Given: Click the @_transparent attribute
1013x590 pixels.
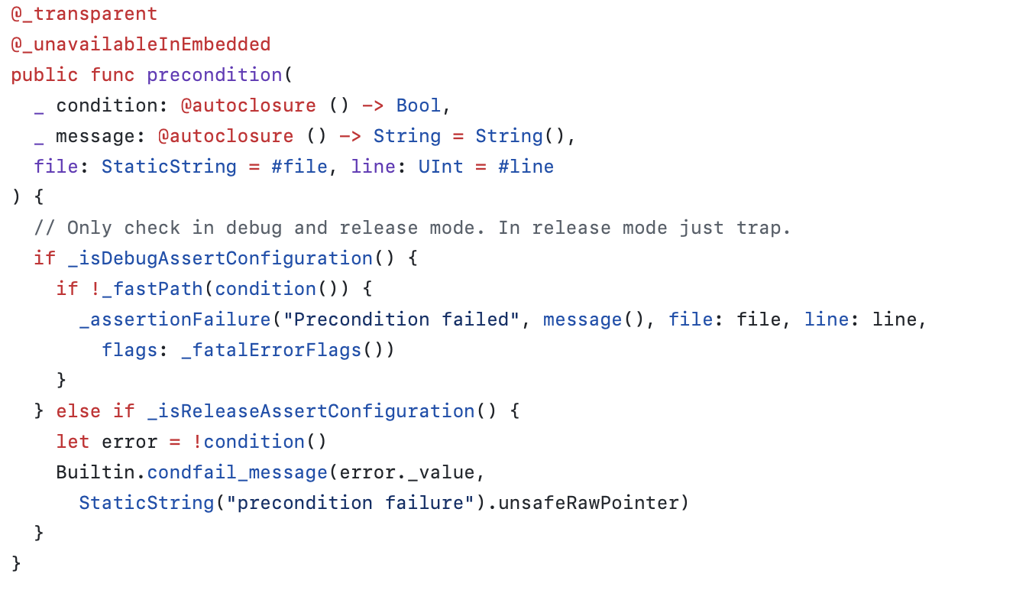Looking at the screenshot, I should (x=84, y=14).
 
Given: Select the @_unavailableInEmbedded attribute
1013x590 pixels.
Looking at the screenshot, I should (x=141, y=44).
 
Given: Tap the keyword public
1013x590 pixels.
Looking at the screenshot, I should (x=44, y=75).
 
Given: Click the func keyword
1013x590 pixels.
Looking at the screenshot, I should (x=112, y=75).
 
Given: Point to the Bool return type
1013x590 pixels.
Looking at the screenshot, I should (x=418, y=105).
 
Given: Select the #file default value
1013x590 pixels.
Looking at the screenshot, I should (x=299, y=167).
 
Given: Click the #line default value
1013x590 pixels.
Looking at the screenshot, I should (x=526, y=167).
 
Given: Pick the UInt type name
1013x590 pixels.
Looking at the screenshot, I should (x=440, y=167).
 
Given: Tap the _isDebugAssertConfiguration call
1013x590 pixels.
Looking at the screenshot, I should (x=220, y=258).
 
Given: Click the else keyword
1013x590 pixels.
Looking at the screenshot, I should (x=78, y=411).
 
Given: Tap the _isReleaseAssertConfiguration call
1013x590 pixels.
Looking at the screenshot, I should (x=310, y=411).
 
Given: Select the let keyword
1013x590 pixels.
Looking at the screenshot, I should (x=73, y=442).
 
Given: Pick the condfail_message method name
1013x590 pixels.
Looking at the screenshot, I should (x=237, y=472).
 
